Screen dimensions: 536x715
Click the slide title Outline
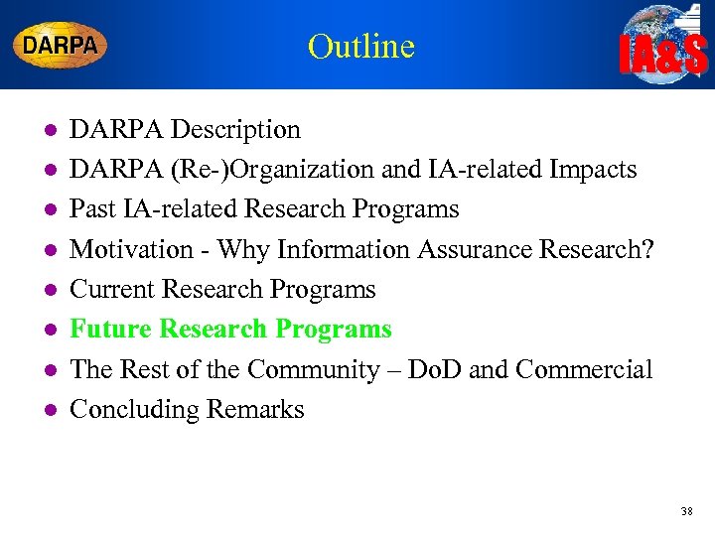click(x=360, y=46)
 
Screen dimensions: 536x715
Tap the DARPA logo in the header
click(x=60, y=45)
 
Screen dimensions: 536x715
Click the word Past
click(x=93, y=209)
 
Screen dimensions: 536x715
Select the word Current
click(x=114, y=290)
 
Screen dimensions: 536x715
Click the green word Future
click(x=110, y=330)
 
